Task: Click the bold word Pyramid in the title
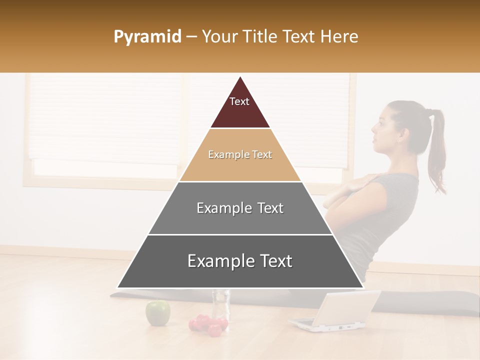147,37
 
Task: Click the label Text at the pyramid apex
239,101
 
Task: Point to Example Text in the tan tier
240,154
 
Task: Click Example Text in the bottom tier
240,261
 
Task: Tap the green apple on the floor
157,312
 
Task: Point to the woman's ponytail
437,150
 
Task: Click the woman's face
382,132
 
